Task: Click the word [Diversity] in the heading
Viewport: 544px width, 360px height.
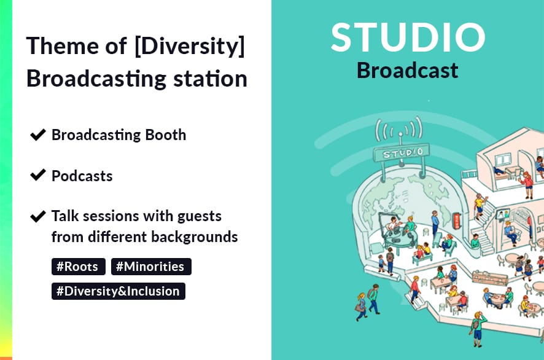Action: coord(190,46)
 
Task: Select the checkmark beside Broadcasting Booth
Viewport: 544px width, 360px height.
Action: coord(38,135)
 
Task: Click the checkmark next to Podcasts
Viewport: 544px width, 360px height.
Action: coord(38,175)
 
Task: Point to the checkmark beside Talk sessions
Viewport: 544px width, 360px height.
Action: coord(38,216)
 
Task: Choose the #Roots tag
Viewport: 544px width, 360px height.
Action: coord(79,267)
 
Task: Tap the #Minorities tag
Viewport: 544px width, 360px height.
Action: coord(151,267)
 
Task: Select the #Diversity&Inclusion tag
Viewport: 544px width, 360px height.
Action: coord(119,291)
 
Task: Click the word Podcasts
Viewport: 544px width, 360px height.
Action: coord(82,176)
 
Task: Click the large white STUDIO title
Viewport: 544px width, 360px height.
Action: coord(408,37)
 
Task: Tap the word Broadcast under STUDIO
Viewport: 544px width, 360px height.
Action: coord(408,70)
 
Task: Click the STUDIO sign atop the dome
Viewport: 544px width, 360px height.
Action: coord(402,153)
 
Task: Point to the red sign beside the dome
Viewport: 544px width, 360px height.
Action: coord(457,221)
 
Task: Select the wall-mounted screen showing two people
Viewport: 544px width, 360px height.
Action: coord(502,215)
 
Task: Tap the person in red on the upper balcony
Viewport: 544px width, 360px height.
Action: coord(527,184)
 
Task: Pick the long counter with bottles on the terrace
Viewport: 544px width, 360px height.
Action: coord(489,277)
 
